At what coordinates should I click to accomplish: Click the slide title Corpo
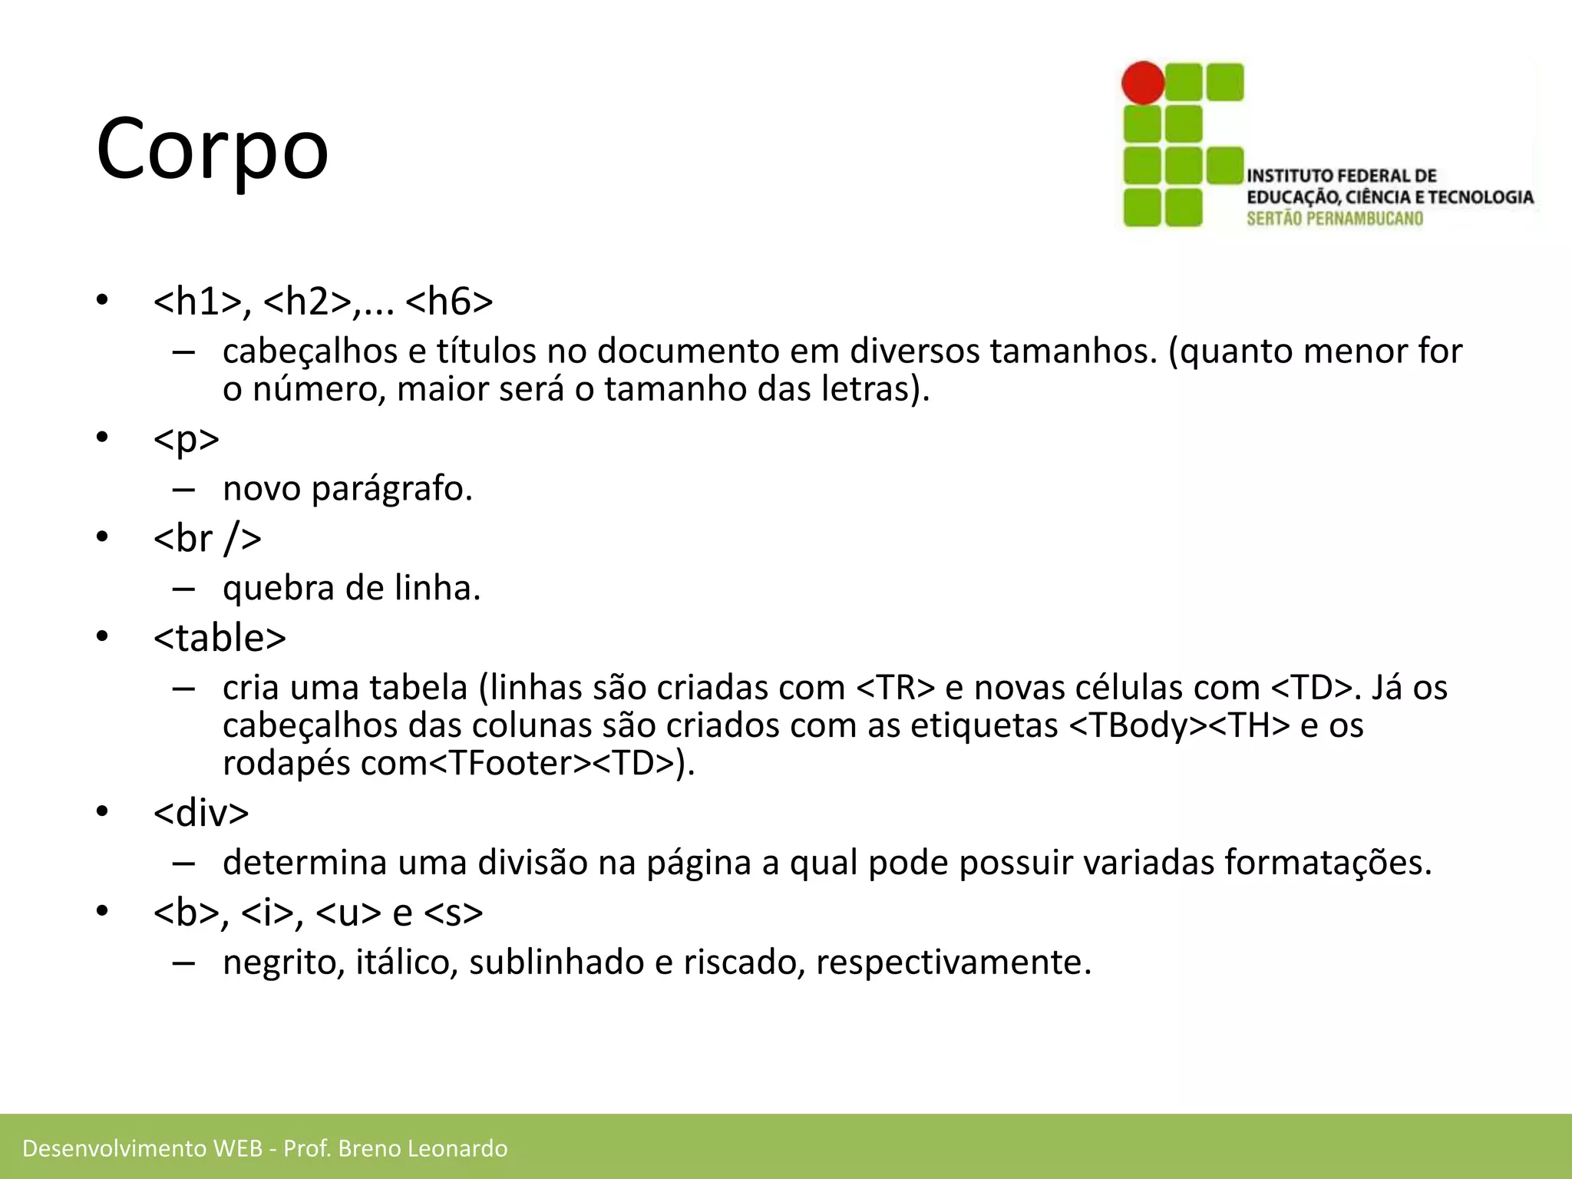(x=213, y=147)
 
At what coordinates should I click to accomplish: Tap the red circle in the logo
(x=1143, y=83)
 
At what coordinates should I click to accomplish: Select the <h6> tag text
(x=449, y=301)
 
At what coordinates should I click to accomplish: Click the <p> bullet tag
(x=187, y=439)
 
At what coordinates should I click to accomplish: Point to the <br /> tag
(x=207, y=538)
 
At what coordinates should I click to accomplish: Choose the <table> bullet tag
(x=220, y=638)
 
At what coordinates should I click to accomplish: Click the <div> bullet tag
(x=201, y=813)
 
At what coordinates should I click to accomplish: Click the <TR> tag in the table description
(x=895, y=688)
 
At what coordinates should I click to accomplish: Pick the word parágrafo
(x=391, y=489)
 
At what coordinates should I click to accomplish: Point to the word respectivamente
(x=953, y=963)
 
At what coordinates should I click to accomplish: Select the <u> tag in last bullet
(x=348, y=913)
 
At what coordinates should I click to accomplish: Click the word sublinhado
(x=556, y=963)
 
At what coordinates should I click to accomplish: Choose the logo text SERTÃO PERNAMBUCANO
(x=1334, y=219)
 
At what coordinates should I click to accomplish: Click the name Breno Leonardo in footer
(x=422, y=1148)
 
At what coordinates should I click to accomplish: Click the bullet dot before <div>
(x=103, y=812)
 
